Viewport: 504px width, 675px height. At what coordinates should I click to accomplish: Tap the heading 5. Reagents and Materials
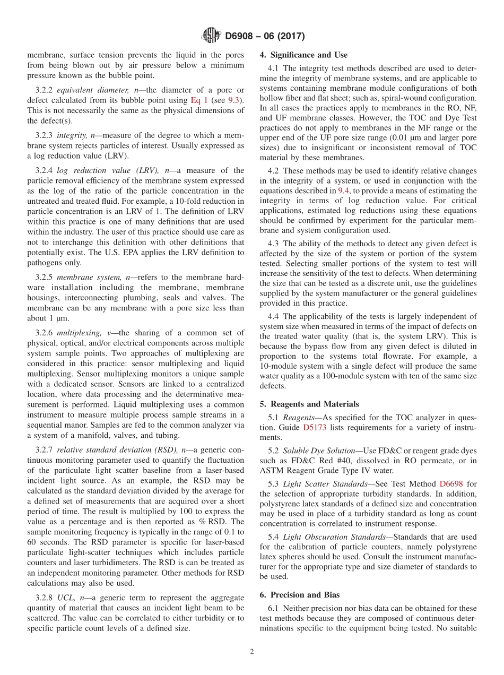coord(309,404)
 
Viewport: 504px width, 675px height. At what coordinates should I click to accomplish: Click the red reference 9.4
coord(344,191)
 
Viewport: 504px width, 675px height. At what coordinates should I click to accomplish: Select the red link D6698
coord(452,484)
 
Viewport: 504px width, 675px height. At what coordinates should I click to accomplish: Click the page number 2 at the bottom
coord(252,652)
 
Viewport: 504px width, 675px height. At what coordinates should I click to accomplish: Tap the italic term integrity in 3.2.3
coord(71,136)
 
